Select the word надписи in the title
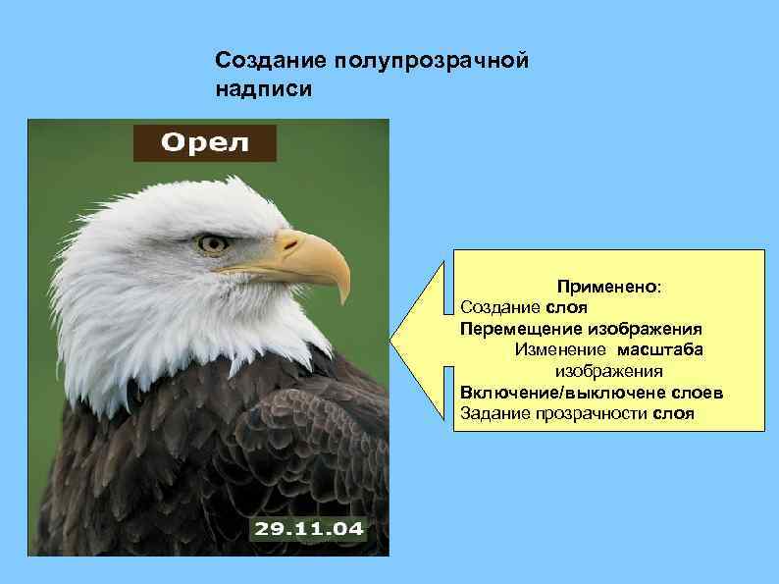pos(264,89)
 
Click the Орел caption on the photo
pos(205,143)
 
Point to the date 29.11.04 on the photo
pos(309,530)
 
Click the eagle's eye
pos(212,242)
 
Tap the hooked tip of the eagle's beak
pos(344,294)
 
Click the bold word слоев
pos(696,393)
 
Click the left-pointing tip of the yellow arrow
pos(392,340)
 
